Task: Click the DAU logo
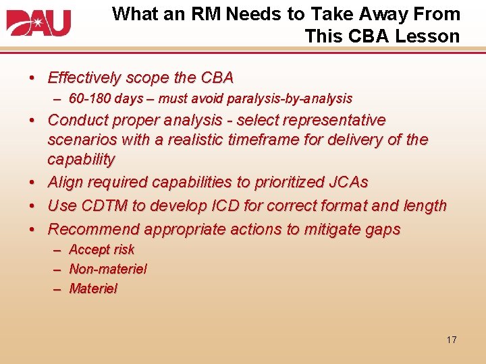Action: [38, 23]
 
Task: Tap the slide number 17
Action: [451, 340]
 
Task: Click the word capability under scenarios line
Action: [81, 160]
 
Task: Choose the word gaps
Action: [382, 229]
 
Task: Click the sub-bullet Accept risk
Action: [101, 249]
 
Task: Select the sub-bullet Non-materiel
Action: [107, 269]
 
